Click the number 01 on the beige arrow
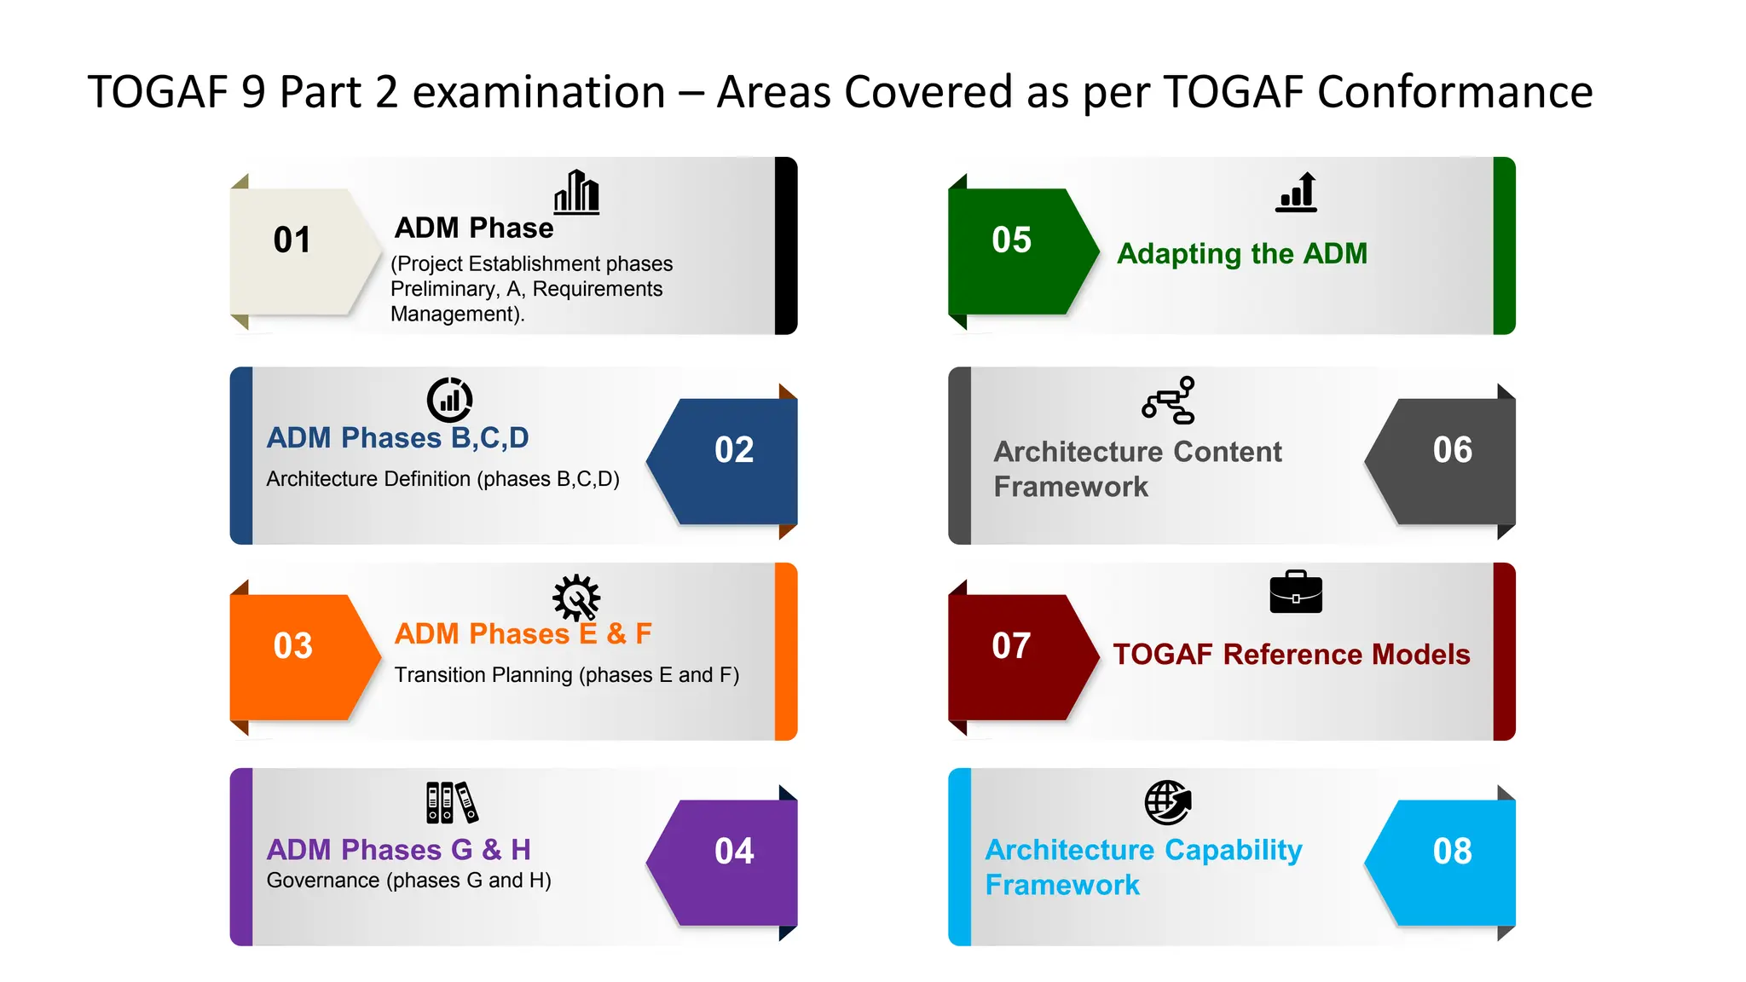click(x=292, y=240)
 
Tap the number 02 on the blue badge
click(x=734, y=450)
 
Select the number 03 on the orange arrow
click(x=292, y=646)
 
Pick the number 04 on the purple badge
click(x=734, y=851)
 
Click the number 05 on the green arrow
click(x=1011, y=240)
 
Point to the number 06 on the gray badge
click(x=1452, y=450)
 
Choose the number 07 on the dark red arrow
click(x=1011, y=646)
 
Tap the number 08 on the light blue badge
click(x=1452, y=851)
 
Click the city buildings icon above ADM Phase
click(x=577, y=192)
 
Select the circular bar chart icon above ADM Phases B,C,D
click(x=449, y=399)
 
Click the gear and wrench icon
click(x=576, y=598)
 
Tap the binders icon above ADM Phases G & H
click(x=452, y=802)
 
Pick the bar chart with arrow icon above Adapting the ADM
click(x=1297, y=192)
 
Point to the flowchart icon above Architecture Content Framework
click(x=1169, y=400)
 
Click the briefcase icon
click(x=1296, y=592)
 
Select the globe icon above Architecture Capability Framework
click(x=1167, y=802)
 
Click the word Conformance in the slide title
click(x=1454, y=92)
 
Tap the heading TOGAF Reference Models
click(x=1291, y=655)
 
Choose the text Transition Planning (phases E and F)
click(x=566, y=675)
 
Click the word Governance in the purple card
click(x=323, y=881)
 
